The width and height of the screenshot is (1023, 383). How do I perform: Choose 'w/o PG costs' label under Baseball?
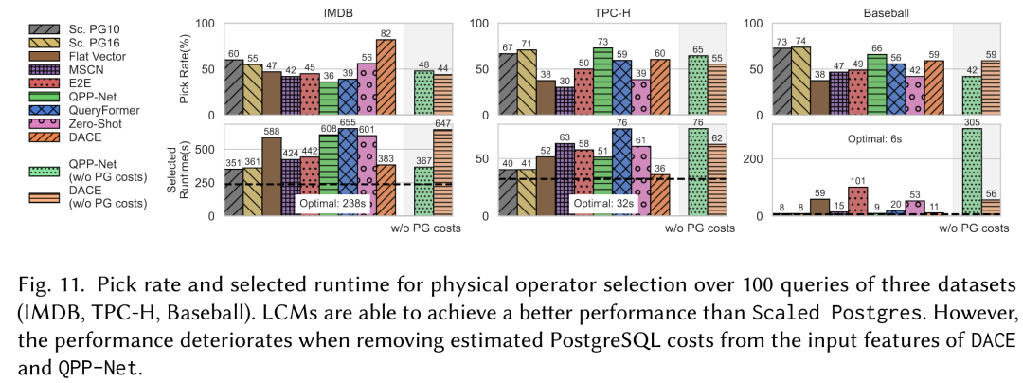click(973, 228)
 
